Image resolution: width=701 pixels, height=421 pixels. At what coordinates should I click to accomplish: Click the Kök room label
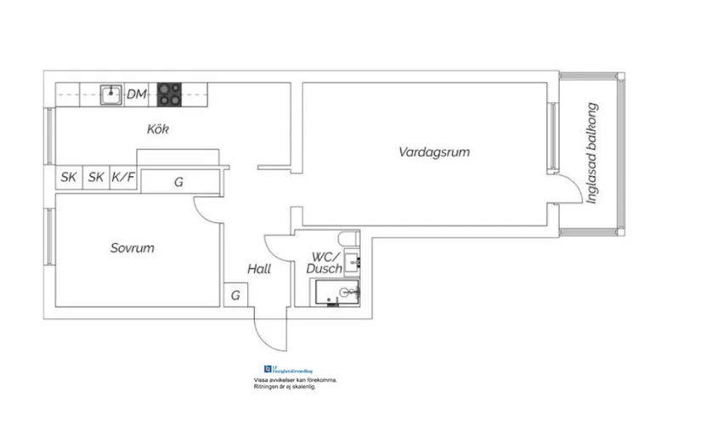(x=158, y=130)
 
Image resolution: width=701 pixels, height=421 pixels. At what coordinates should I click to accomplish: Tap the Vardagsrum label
(x=434, y=153)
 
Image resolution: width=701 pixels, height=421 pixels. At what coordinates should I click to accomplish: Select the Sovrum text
(x=132, y=248)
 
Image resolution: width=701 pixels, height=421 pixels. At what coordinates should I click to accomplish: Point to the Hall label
(x=258, y=269)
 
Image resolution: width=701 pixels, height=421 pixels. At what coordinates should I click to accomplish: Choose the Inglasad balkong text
(x=593, y=154)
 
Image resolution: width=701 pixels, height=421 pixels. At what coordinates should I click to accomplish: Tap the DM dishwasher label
(x=136, y=94)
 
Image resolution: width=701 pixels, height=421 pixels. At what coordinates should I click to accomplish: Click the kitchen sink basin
(x=109, y=94)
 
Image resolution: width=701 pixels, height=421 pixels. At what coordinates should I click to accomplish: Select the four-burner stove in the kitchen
(x=169, y=94)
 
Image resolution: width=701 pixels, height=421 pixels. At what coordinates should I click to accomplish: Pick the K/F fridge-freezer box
(x=124, y=178)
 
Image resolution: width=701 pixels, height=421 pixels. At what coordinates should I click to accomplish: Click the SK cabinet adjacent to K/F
(x=96, y=178)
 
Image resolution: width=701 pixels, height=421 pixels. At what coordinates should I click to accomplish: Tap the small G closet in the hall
(x=235, y=295)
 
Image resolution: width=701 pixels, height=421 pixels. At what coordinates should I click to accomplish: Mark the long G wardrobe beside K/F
(x=179, y=181)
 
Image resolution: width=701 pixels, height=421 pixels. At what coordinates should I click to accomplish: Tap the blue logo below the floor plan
(x=268, y=369)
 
